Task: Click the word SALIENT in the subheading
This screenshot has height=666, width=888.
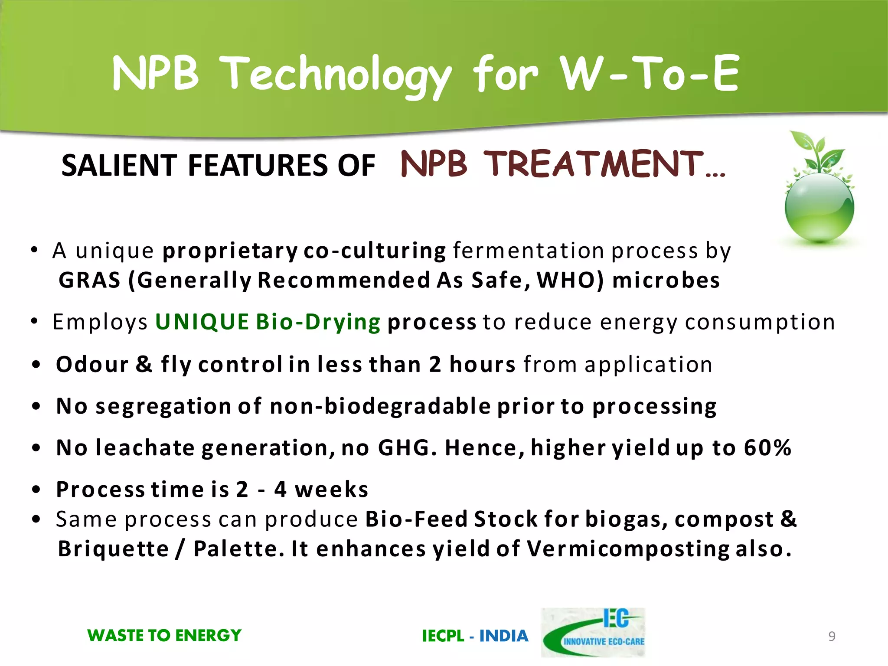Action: point(119,166)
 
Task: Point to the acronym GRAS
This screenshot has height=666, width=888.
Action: point(89,280)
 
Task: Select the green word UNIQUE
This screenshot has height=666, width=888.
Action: point(202,322)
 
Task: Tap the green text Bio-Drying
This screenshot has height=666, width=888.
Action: point(318,322)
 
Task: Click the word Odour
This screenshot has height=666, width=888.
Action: point(92,364)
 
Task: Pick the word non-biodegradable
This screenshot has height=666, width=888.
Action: point(380,406)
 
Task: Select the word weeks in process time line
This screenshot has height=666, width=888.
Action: point(331,490)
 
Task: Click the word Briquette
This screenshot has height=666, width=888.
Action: point(114,549)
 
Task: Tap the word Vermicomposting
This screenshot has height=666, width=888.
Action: point(628,549)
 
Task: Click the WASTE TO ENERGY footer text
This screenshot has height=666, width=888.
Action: point(164,636)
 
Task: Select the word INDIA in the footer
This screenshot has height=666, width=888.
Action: point(504,636)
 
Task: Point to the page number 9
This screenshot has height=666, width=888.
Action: point(832,636)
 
